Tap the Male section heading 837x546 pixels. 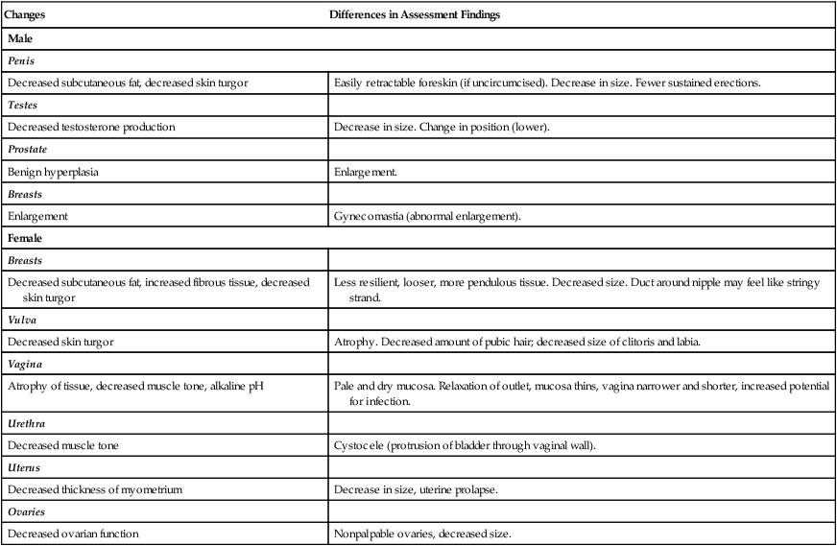[21, 39]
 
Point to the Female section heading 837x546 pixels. [26, 237]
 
